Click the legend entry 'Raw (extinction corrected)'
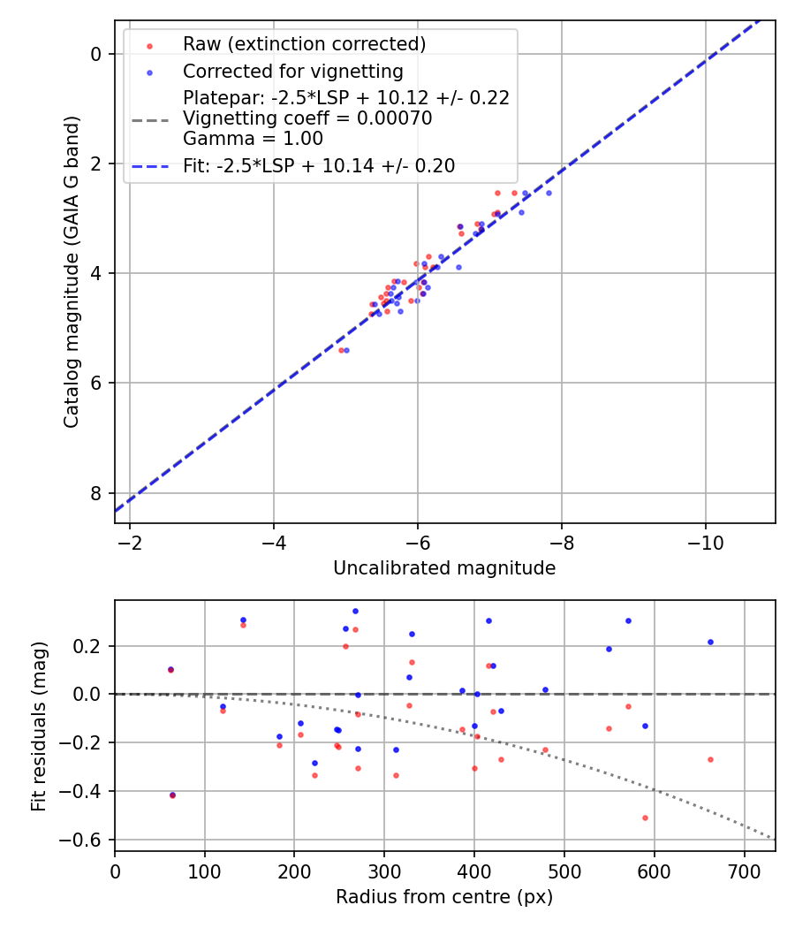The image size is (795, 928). click(304, 44)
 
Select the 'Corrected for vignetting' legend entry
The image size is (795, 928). click(292, 72)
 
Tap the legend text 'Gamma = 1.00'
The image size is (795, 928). click(253, 139)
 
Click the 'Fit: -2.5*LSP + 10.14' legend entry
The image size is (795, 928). click(319, 166)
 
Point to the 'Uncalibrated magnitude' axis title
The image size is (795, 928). click(444, 568)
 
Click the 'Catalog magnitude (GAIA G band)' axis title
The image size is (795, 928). click(72, 272)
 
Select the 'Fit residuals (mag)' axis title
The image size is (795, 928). click(39, 726)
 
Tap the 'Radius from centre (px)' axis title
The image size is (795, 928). click(444, 897)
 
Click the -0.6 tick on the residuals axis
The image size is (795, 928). click(88, 840)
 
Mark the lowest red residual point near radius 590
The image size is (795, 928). click(645, 818)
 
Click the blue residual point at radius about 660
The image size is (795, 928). click(710, 642)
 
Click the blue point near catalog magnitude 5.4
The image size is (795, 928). click(346, 350)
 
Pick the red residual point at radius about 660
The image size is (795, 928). click(710, 759)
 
